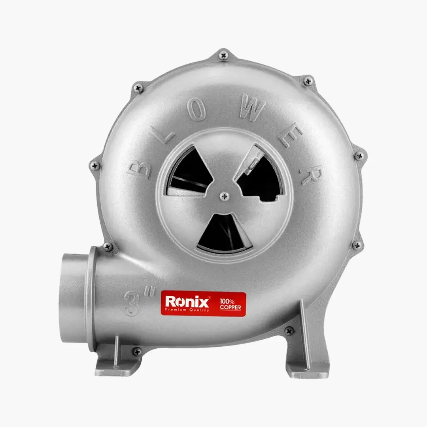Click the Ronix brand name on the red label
pyautogui.click(x=187, y=301)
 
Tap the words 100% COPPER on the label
pyautogui.click(x=231, y=304)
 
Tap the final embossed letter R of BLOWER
pyautogui.click(x=312, y=174)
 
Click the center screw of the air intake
pyautogui.click(x=225, y=196)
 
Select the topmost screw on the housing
pyautogui.click(x=223, y=56)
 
